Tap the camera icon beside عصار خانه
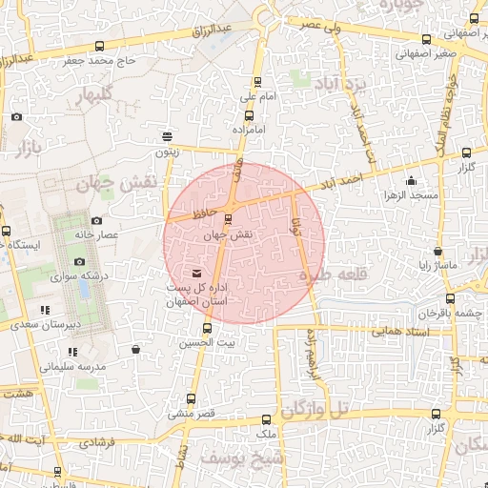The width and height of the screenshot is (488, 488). (x=96, y=221)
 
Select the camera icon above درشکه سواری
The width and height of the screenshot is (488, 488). (x=79, y=262)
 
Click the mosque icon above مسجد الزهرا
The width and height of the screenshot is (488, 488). (x=411, y=181)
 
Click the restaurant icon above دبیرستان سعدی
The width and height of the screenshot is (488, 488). (x=45, y=311)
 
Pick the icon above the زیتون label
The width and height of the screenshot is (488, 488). (x=168, y=136)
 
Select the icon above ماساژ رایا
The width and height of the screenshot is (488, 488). (x=437, y=252)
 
